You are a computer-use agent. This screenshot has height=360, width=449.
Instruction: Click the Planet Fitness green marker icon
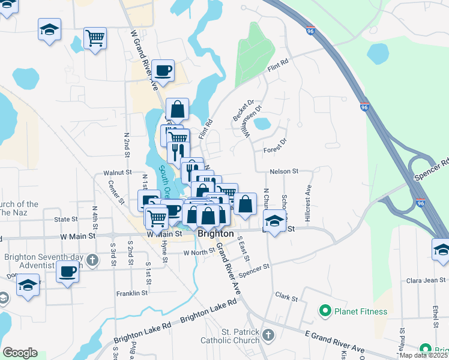click(x=325, y=311)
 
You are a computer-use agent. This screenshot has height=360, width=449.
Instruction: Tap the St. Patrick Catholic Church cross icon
click(x=268, y=335)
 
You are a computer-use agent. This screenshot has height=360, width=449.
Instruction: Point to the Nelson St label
click(x=284, y=172)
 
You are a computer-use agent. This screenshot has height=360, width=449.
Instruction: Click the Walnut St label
click(x=117, y=172)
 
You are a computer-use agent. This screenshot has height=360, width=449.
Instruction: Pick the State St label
click(x=66, y=220)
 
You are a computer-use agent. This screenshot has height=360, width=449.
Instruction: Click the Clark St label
click(x=286, y=297)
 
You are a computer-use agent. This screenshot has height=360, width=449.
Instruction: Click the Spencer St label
click(x=255, y=270)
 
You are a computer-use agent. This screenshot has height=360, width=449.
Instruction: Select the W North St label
click(x=199, y=252)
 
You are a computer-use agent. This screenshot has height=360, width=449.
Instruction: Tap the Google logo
click(x=20, y=353)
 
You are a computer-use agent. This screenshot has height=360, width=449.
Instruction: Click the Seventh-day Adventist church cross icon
click(x=92, y=260)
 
